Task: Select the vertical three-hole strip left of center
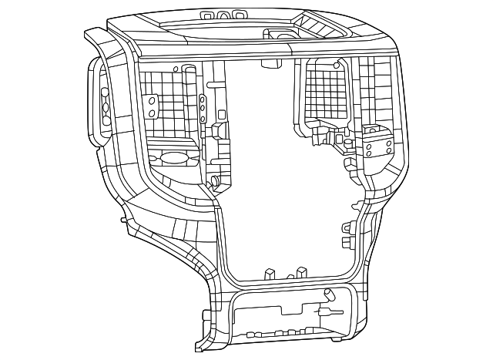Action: click(202, 109)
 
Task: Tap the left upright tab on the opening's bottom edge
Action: click(269, 274)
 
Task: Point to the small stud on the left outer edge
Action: click(123, 220)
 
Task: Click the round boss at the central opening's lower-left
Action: click(216, 182)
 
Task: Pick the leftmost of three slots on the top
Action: click(207, 15)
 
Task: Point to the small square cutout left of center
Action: click(222, 114)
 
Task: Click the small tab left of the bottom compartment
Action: click(206, 315)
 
